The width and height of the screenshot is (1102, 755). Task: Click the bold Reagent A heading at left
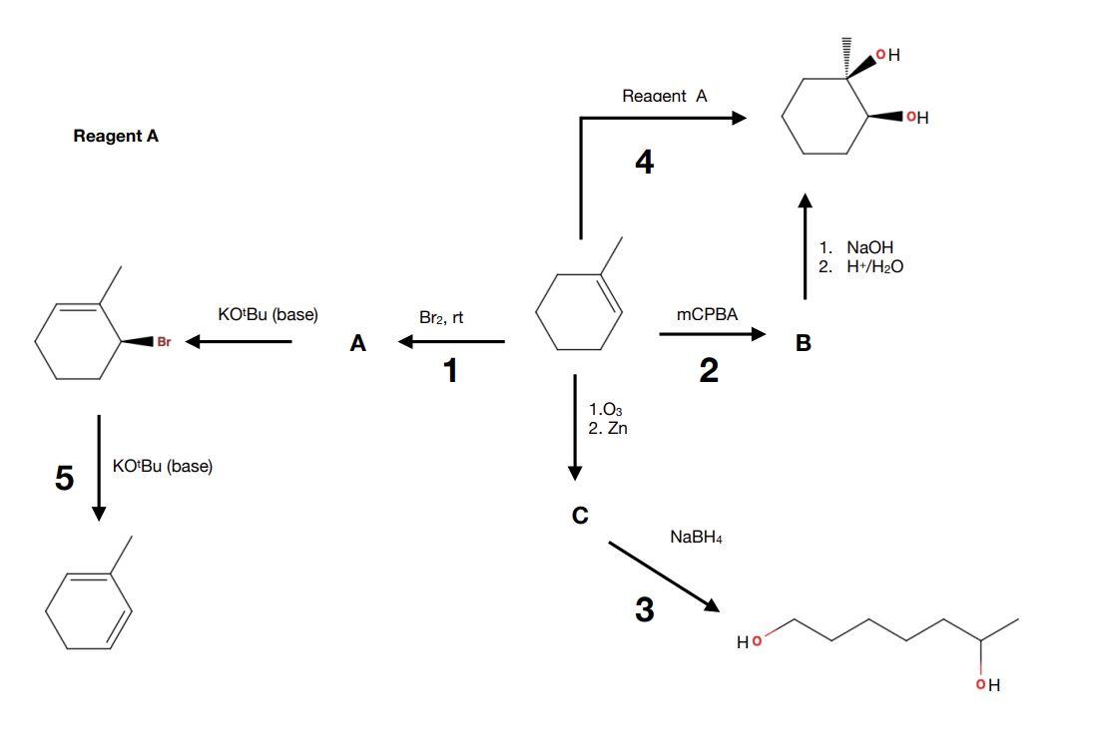coord(116,137)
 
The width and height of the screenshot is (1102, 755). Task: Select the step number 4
coord(645,163)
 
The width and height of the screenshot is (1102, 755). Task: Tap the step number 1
coord(450,371)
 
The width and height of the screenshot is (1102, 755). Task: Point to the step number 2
coord(709,371)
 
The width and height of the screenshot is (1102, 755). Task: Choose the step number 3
coord(645,609)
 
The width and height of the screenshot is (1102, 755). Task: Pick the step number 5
coord(64,479)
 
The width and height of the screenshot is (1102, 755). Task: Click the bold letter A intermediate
coord(358,344)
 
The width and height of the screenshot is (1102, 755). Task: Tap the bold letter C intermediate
coord(579,515)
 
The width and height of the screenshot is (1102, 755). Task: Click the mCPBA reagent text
coord(707,314)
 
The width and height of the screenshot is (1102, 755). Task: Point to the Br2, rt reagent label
coord(442,317)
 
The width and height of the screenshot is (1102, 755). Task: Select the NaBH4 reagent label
coord(697,538)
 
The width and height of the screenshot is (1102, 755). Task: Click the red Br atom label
coord(164,342)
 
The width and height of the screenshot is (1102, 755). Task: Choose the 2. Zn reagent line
coord(608,429)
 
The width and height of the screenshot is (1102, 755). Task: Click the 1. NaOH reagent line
coord(855,247)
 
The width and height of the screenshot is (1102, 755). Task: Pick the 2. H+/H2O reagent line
coord(861,266)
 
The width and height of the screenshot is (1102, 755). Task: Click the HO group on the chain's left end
coord(749,641)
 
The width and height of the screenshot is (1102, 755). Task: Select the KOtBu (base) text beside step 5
coord(163,467)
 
